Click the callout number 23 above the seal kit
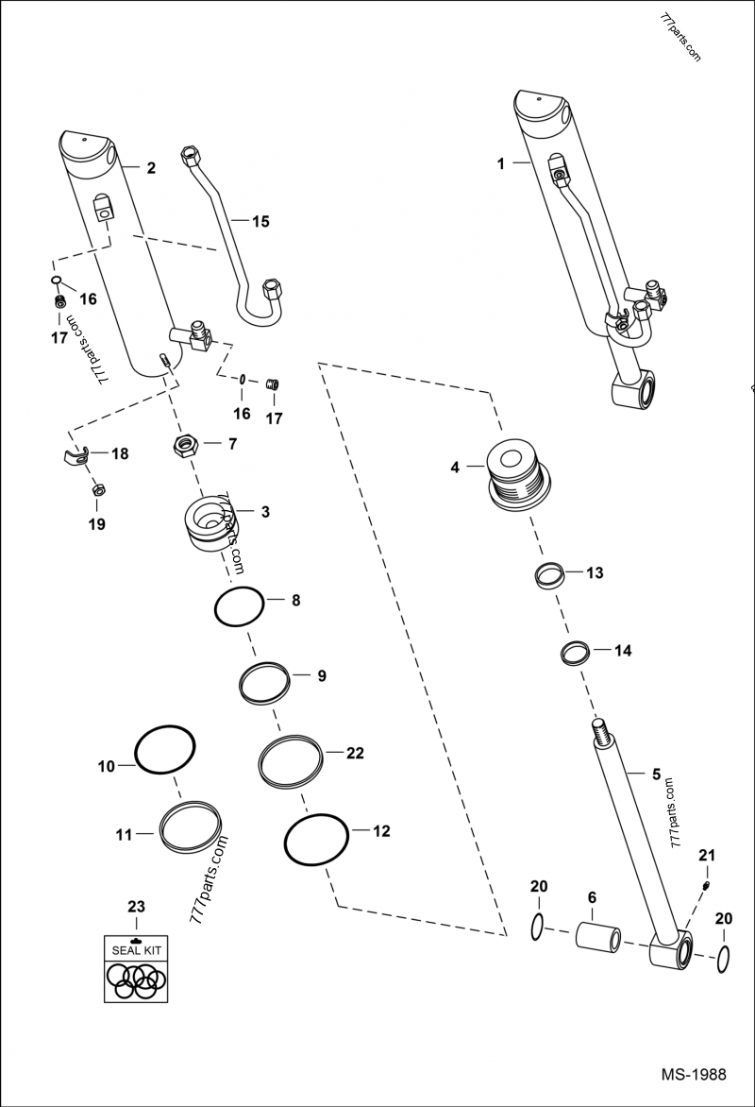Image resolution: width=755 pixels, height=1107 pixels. [x=136, y=908]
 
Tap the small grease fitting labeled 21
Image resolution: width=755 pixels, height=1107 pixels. [x=708, y=885]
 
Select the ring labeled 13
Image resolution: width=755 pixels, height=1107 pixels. [x=549, y=574]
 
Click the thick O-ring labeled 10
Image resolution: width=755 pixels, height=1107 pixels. [x=165, y=751]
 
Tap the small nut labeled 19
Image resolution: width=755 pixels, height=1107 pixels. [x=97, y=490]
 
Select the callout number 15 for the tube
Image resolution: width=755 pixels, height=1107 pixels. [x=260, y=222]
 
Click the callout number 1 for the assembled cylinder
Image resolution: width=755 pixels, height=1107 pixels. [x=502, y=162]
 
